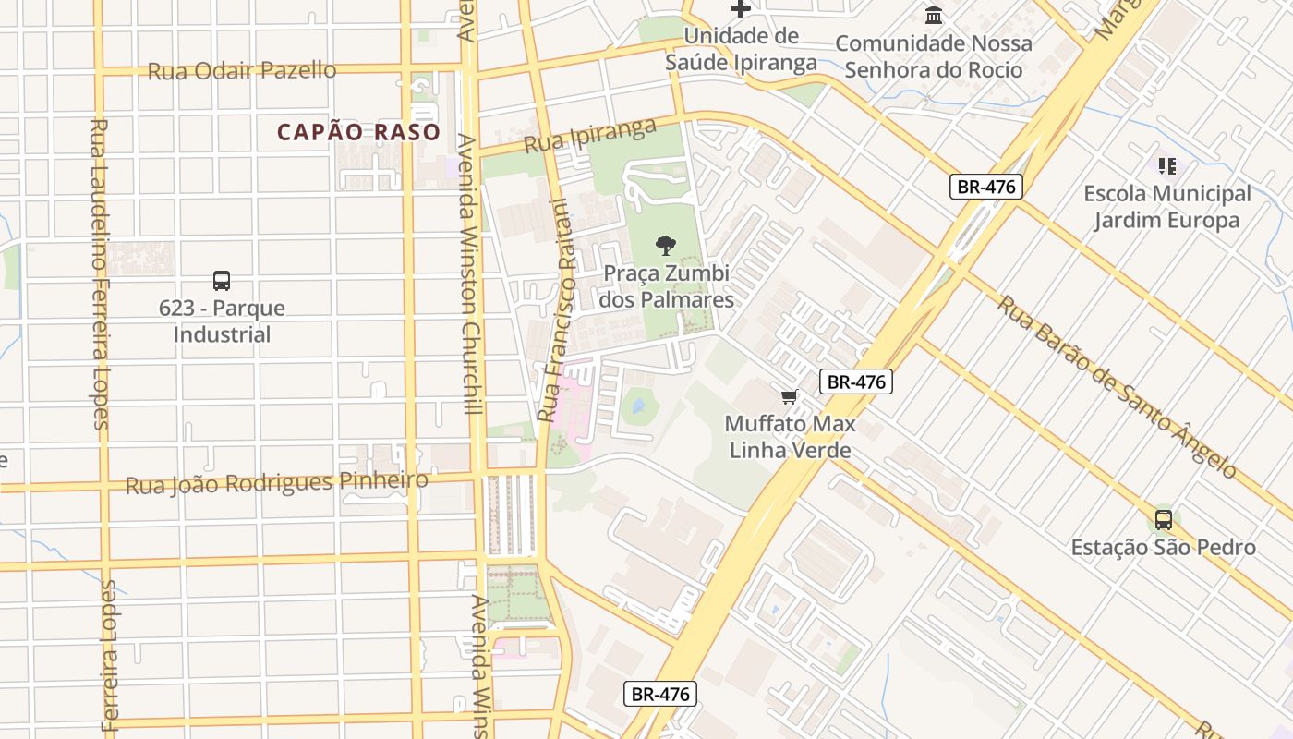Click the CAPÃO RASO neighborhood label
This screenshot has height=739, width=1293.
[x=358, y=132]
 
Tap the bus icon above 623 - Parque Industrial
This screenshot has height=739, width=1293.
[x=221, y=281]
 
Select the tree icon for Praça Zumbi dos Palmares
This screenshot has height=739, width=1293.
[x=665, y=246]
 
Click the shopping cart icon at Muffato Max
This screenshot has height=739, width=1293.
[x=789, y=397]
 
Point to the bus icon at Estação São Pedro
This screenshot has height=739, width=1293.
[x=1163, y=520]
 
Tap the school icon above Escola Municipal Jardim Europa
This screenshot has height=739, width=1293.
[x=1167, y=166]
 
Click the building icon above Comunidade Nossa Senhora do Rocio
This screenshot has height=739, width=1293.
[x=934, y=16]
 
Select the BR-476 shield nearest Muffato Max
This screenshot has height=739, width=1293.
[x=855, y=381]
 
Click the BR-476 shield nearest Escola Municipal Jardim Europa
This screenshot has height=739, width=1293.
[x=985, y=187]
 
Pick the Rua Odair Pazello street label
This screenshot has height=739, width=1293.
[x=242, y=70]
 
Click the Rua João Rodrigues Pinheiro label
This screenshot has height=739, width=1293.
[x=277, y=482]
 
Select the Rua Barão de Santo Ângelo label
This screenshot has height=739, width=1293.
[x=1116, y=386]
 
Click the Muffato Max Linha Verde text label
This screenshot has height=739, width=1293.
[x=790, y=438]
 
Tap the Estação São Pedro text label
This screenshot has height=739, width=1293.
[x=1163, y=548]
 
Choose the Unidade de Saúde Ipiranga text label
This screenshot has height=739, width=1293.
[x=741, y=49]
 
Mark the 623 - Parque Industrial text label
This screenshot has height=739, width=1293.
[x=222, y=321]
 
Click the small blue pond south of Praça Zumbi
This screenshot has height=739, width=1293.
[x=636, y=405]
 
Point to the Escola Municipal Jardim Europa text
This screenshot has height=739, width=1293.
[x=1166, y=207]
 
